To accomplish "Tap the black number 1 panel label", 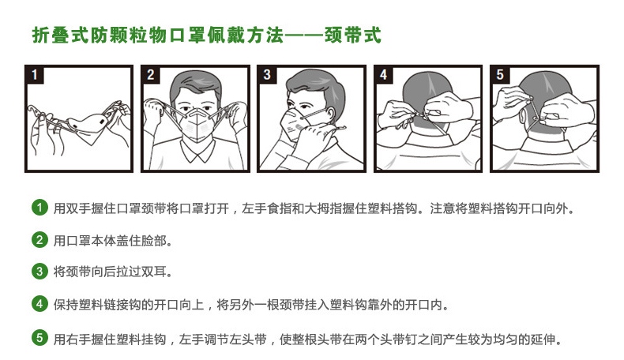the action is (x=35, y=74).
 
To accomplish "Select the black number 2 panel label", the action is (x=150, y=74).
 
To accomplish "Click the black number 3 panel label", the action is (x=267, y=74).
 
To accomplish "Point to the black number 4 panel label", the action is (x=384, y=74).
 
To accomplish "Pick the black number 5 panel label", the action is (x=500, y=74).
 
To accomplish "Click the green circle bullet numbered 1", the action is (x=39, y=208).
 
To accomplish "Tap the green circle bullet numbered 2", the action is (x=39, y=240).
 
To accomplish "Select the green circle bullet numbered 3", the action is (x=39, y=272).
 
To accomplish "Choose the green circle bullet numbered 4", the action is (x=39, y=304).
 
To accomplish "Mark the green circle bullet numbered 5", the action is (x=39, y=338).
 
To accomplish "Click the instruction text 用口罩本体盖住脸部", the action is (x=111, y=241).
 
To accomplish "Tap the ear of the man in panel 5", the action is (x=524, y=115).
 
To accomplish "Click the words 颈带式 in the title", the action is (x=353, y=35).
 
